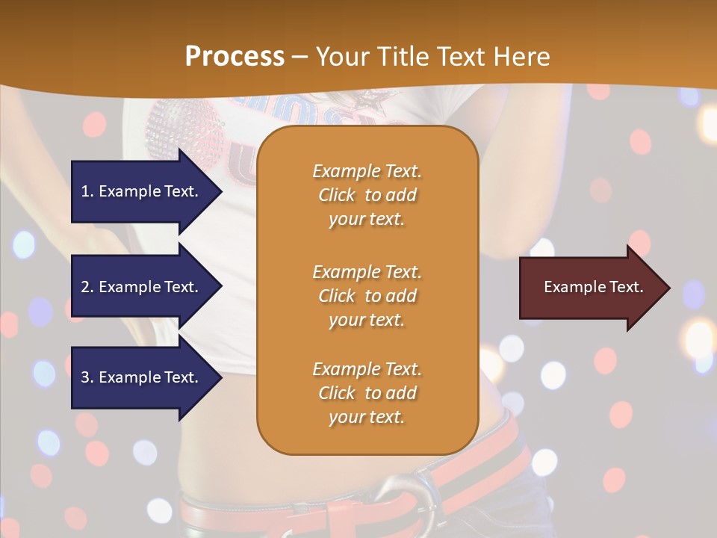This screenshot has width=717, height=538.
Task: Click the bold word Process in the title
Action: pyautogui.click(x=235, y=57)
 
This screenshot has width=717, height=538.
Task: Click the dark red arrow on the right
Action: pyautogui.click(x=590, y=288)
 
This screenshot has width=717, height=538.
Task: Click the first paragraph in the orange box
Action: pyautogui.click(x=367, y=195)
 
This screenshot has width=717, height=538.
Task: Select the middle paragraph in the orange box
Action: pyautogui.click(x=367, y=295)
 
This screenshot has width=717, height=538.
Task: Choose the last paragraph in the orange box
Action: pyautogui.click(x=367, y=393)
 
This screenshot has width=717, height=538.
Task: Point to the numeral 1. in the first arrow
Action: pyautogui.click(x=87, y=191)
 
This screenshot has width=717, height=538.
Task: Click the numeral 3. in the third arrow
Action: pyautogui.click(x=87, y=377)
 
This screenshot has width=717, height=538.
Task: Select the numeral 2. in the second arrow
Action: pyautogui.click(x=87, y=287)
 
